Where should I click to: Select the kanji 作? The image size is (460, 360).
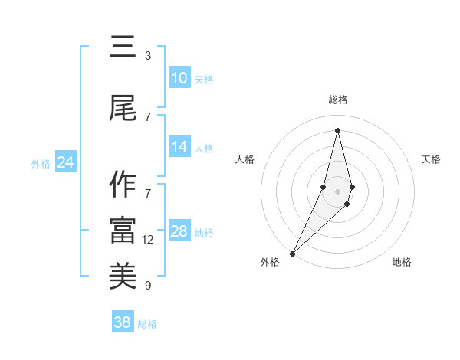[123, 185]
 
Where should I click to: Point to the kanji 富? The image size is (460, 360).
[123, 231]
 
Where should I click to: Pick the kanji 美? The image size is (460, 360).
[123, 277]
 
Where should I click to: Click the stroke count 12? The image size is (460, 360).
[148, 240]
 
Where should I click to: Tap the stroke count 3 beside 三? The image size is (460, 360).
[148, 56]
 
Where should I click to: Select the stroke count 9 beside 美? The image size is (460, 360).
[148, 286]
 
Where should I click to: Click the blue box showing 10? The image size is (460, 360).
[179, 78]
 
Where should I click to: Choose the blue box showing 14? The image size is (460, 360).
[179, 147]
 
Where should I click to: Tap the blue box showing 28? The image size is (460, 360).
[179, 231]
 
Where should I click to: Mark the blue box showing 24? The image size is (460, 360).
[65, 162]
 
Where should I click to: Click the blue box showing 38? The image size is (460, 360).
[122, 322]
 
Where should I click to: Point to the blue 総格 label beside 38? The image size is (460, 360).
[147, 324]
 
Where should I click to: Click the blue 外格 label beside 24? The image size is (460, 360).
[41, 164]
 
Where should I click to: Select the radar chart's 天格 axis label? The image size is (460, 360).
[432, 159]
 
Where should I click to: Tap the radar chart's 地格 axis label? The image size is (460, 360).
[402, 262]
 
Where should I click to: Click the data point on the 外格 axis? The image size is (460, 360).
[292, 253]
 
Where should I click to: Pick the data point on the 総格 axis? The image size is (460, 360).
[337, 130]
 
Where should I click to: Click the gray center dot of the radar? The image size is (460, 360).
[337, 191]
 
